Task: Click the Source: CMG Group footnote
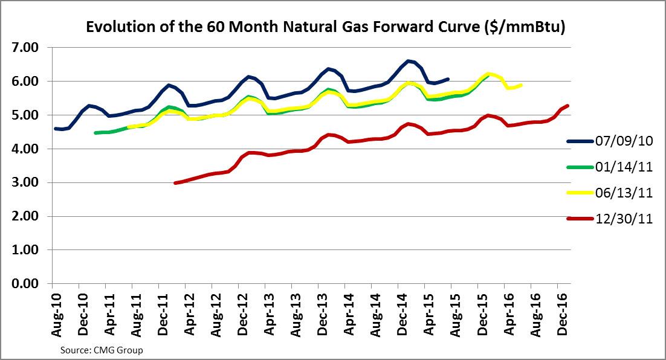(x=102, y=350)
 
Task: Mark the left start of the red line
(x=175, y=182)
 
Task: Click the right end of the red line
(x=568, y=106)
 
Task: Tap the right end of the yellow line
(x=522, y=85)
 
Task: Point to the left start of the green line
(x=95, y=132)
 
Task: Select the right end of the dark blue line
(x=448, y=79)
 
